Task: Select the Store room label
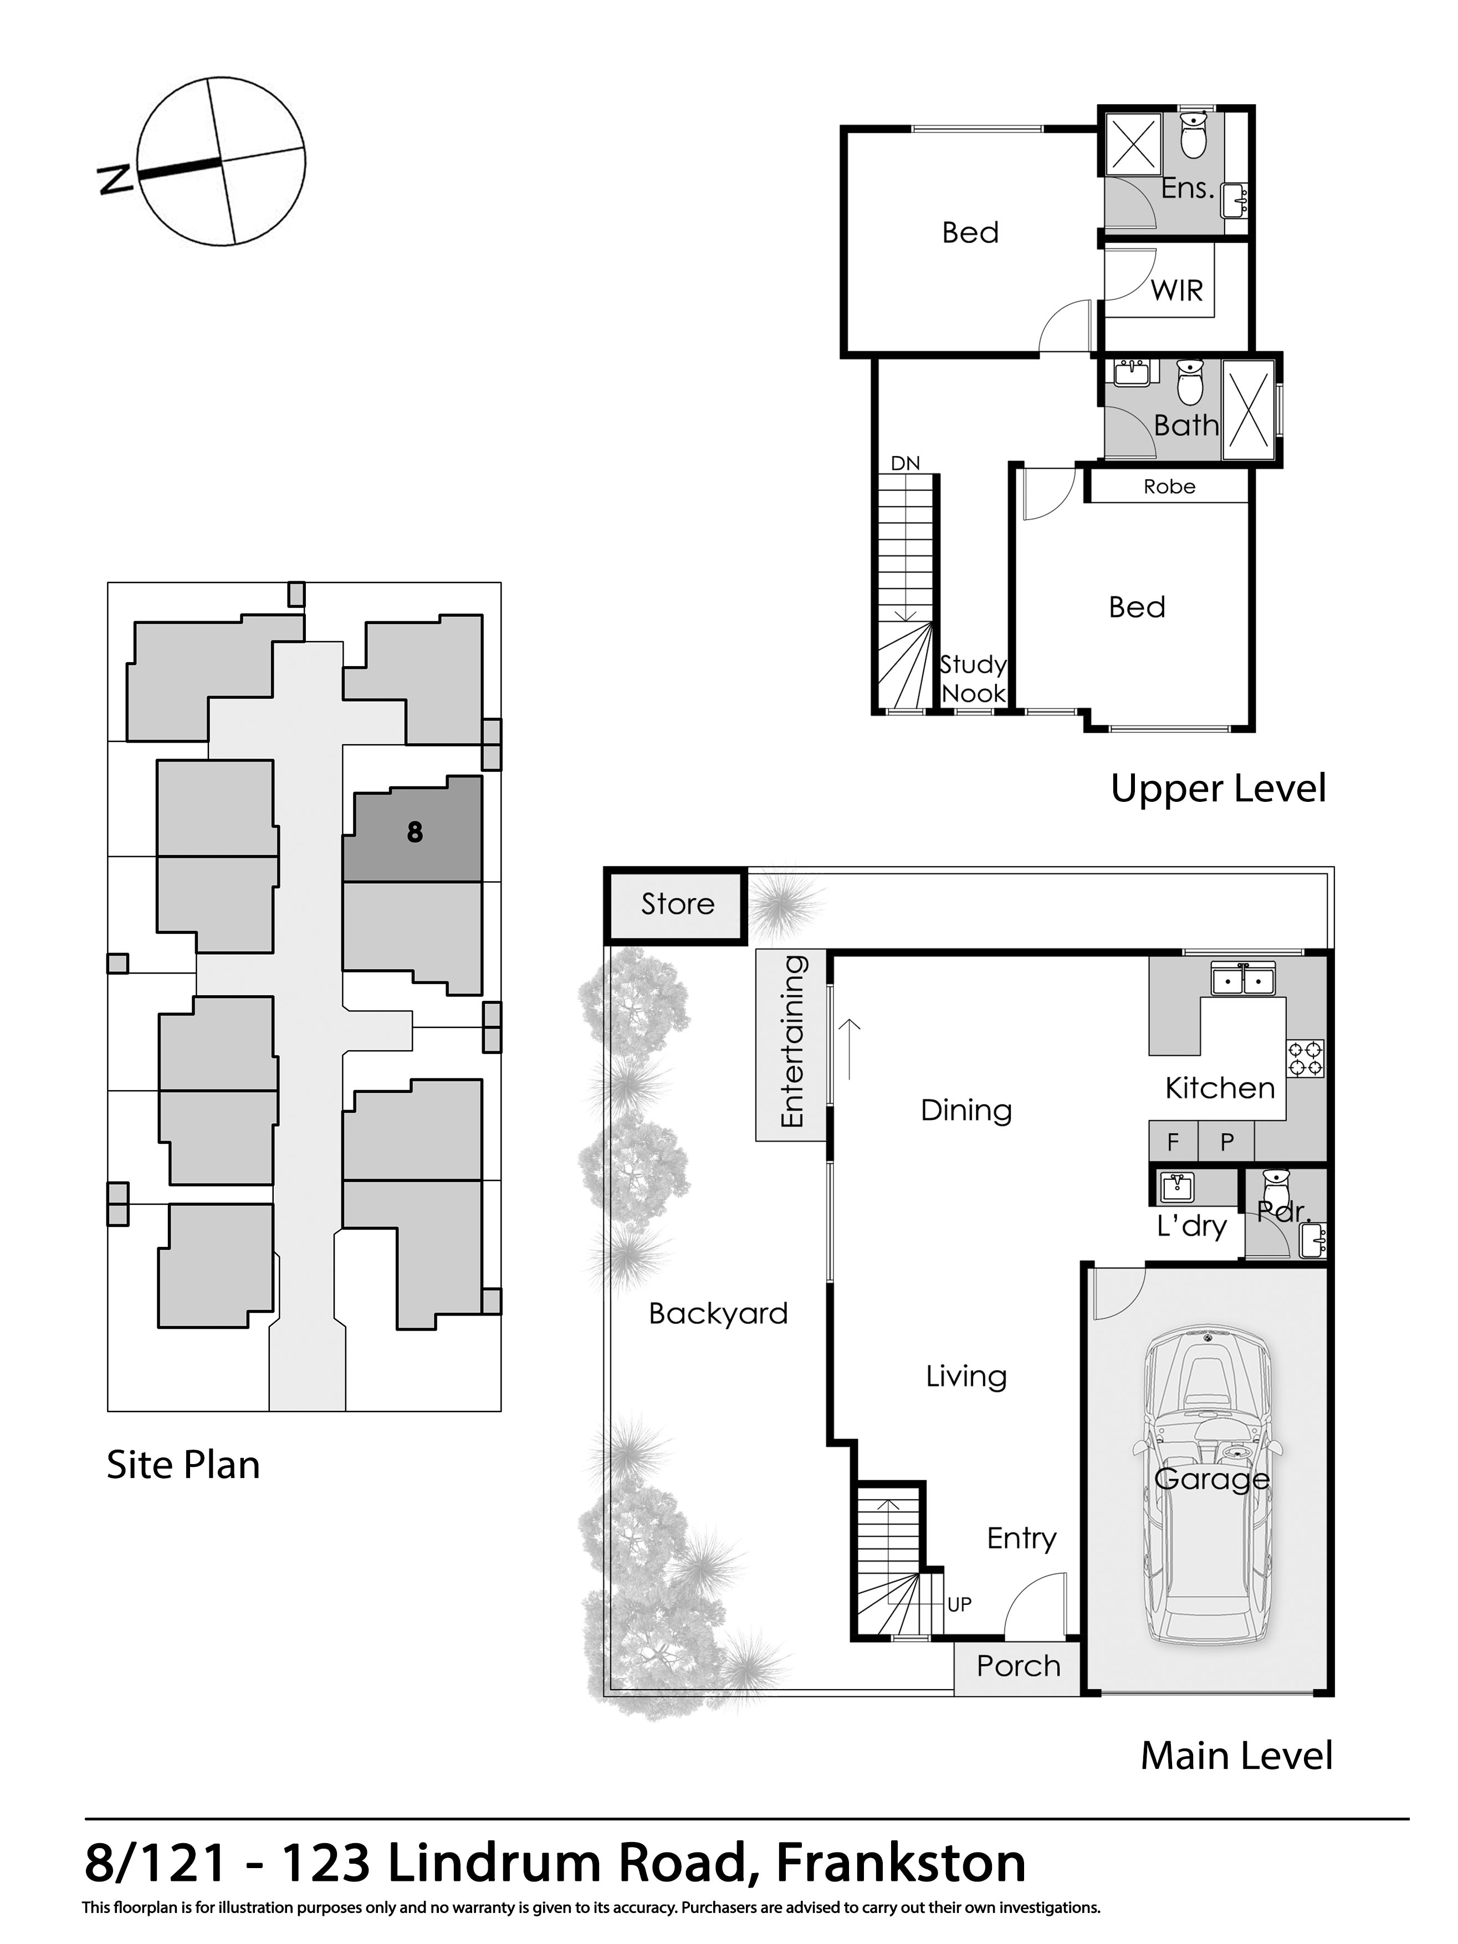point(677,904)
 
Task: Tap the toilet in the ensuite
point(1193,136)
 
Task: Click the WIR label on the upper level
point(1176,291)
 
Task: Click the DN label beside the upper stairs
point(904,463)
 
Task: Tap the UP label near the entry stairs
point(959,1605)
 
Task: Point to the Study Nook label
point(972,678)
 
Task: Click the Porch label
point(1017,1666)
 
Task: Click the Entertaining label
point(792,1041)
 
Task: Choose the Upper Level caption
point(1217,789)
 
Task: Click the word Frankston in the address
point(901,1863)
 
